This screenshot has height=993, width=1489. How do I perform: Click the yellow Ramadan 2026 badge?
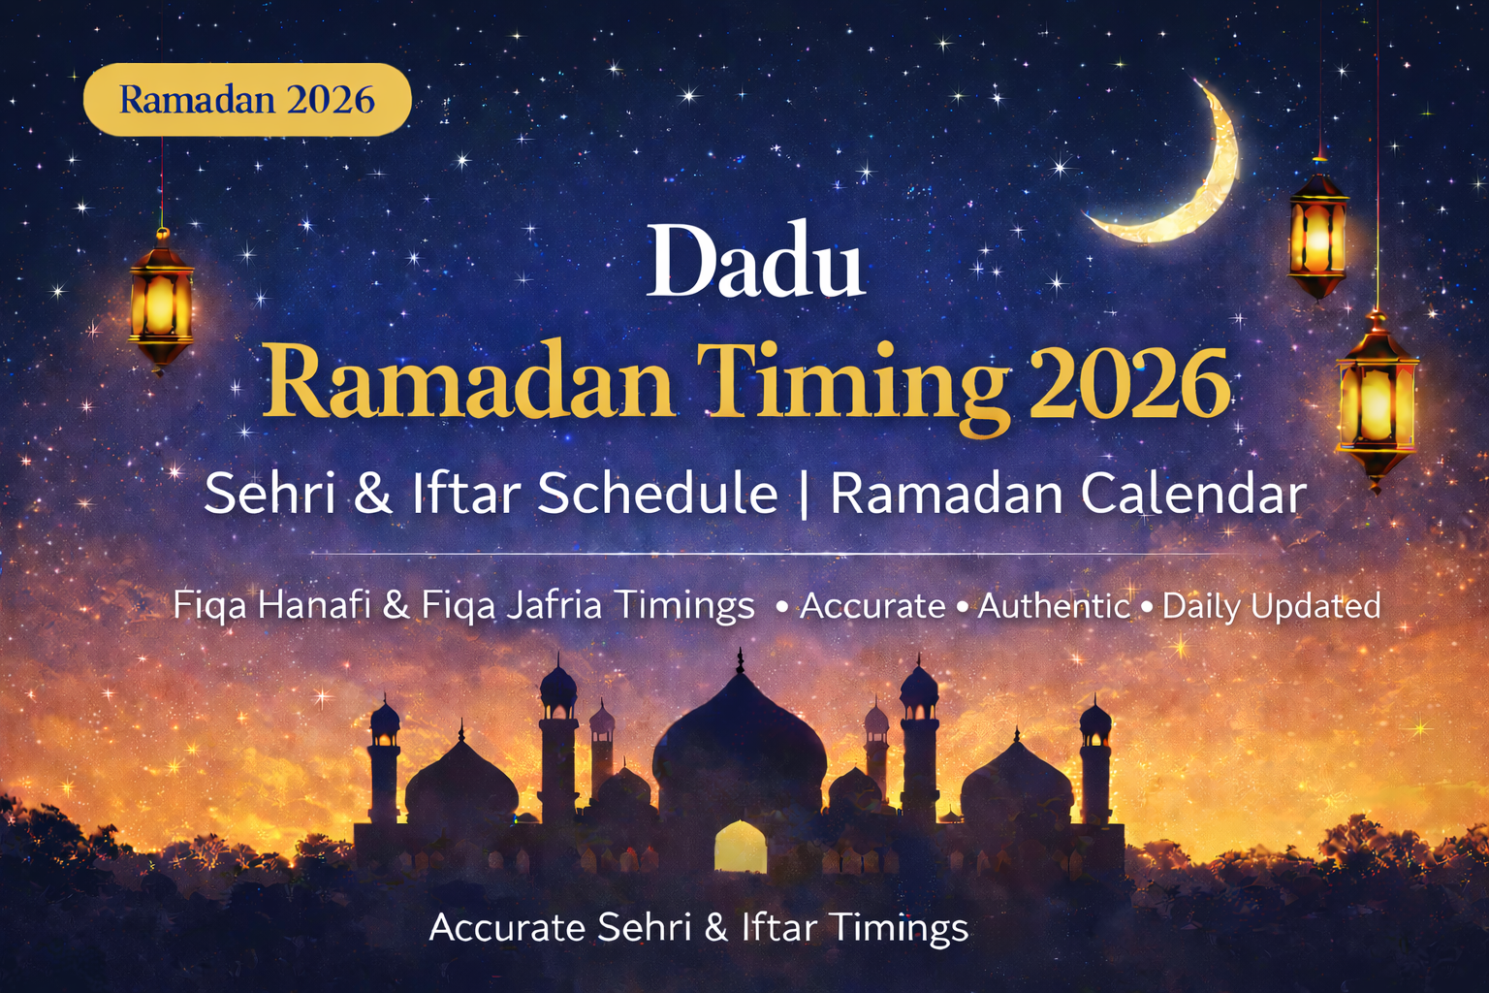pos(247,99)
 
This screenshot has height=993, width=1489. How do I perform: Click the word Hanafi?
pos(314,605)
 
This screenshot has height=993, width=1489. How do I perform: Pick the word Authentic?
pos(1054,606)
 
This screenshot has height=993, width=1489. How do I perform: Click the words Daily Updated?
pos(1271,606)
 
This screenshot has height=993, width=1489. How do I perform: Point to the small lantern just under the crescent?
pos(1317,234)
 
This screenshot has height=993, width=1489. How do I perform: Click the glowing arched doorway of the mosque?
pos(740,847)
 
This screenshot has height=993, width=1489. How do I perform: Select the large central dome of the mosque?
pos(740,737)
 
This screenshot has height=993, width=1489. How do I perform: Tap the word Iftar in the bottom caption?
pos(778,927)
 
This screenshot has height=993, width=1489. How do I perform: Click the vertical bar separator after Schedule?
pos(804,494)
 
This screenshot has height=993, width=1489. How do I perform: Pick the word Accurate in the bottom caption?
pos(507,927)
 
